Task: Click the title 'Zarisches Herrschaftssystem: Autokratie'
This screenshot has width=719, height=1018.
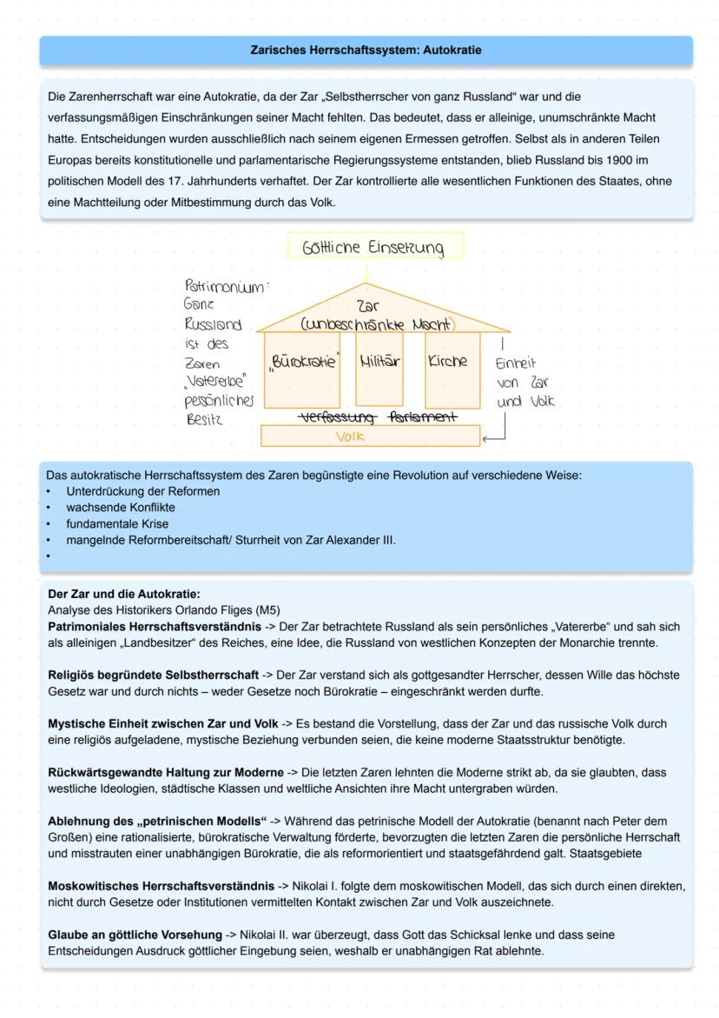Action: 366,50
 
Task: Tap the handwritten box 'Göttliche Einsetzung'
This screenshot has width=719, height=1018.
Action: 373,248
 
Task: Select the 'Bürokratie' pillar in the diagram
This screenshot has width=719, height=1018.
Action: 301,361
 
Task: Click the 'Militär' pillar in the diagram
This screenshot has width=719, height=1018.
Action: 380,361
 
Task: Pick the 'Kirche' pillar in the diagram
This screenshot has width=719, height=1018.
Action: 448,361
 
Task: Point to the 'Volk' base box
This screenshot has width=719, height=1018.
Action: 351,436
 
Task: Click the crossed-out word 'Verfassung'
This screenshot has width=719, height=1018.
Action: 336,418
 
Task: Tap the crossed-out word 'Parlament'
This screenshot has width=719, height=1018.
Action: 423,418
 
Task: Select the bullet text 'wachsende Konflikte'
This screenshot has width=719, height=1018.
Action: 120,508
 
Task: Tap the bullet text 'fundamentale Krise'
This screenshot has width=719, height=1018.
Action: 117,524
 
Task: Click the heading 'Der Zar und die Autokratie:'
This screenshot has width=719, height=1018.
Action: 123,595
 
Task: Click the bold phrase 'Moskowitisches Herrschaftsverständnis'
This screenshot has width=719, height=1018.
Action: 161,887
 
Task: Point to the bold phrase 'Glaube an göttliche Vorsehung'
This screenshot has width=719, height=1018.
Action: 135,935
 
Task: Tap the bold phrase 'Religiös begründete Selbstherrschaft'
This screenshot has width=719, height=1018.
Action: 153,675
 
